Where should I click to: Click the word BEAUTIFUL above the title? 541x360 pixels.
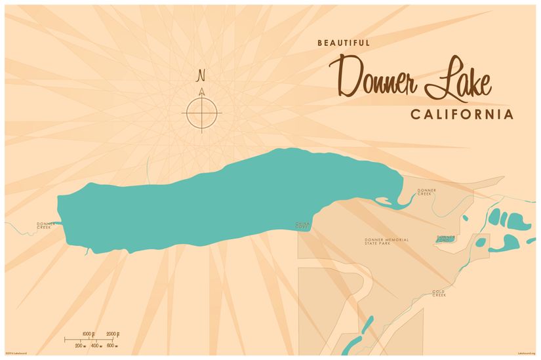pyautogui.click(x=344, y=43)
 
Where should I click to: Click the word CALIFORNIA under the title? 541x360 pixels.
pyautogui.click(x=462, y=115)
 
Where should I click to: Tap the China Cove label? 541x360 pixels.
pyautogui.click(x=302, y=226)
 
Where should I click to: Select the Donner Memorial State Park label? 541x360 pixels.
pyautogui.click(x=386, y=241)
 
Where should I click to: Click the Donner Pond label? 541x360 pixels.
pyautogui.click(x=446, y=239)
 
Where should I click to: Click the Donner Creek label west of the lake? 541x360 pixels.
pyautogui.click(x=43, y=226)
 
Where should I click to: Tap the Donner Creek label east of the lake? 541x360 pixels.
pyautogui.click(x=426, y=192)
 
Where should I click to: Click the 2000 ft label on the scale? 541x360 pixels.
pyautogui.click(x=113, y=334)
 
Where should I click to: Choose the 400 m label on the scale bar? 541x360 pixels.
pyautogui.click(x=96, y=346)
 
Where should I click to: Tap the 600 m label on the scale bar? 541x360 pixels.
pyautogui.click(x=112, y=346)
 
